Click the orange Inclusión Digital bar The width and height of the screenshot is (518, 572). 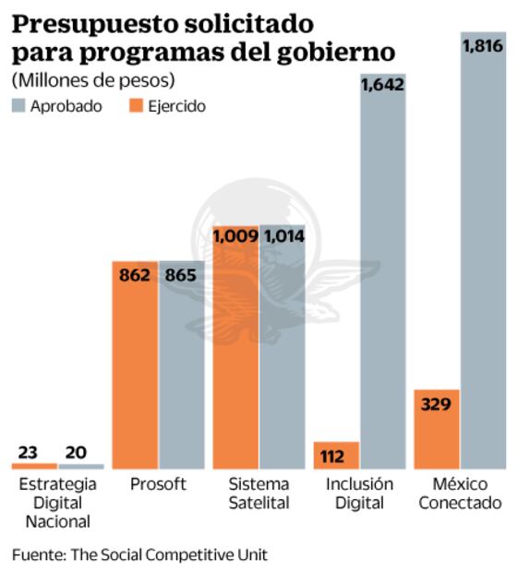[x=336, y=455]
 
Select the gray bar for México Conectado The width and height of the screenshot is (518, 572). [x=483, y=258]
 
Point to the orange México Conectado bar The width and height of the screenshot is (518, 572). [x=437, y=429]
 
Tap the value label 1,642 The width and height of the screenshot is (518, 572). [x=382, y=84]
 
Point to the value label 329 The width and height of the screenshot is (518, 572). [x=437, y=403]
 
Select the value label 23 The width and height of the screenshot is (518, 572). [x=31, y=452]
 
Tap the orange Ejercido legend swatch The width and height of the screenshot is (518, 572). [x=126, y=105]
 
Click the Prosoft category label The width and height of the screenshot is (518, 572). [x=158, y=484]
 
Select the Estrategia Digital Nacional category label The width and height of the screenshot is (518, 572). [x=56, y=503]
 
